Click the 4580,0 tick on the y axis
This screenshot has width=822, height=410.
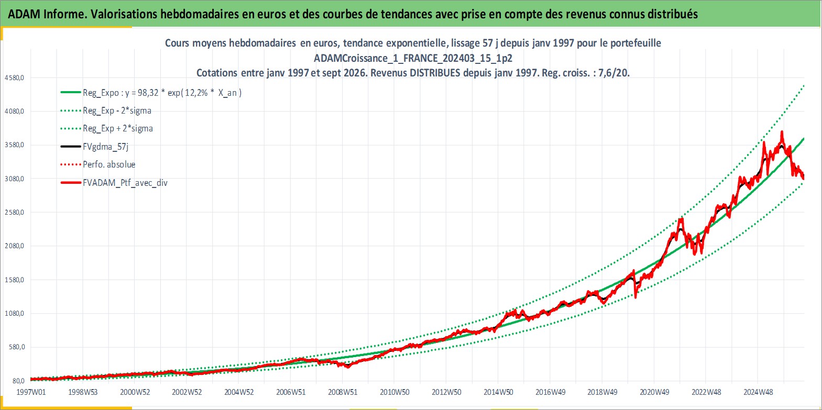14,77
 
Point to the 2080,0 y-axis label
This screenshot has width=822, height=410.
14,246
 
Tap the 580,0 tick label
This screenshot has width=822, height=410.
17,347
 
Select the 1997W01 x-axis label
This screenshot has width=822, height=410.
31,392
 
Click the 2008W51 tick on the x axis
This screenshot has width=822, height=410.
343,392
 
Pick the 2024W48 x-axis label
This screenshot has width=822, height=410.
758,392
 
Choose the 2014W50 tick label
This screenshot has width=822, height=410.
498,392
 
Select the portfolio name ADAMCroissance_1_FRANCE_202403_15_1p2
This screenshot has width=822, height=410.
413,58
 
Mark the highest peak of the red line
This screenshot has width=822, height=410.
782,131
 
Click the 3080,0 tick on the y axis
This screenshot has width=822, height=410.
14,179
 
